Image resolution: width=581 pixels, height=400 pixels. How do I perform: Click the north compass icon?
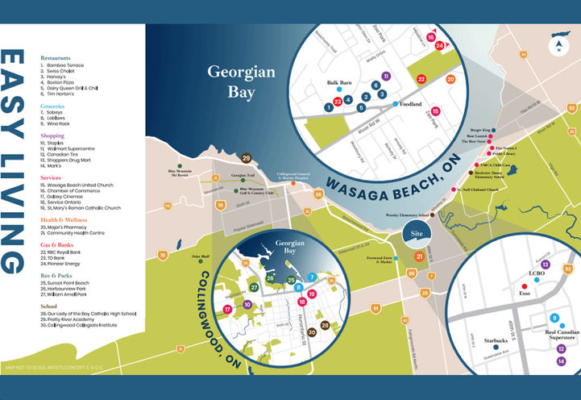coord(558,44)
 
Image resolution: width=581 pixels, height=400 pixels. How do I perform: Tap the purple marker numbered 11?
coord(386,76)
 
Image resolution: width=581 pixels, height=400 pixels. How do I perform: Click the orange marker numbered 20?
coord(450,79)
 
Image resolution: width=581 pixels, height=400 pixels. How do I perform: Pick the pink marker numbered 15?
coord(435,112)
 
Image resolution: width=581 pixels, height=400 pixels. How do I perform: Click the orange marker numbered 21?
coord(419,256)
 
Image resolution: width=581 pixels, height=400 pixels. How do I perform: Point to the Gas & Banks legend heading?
coord(60,244)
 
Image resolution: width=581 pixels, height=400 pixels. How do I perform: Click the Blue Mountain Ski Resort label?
coord(184,173)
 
